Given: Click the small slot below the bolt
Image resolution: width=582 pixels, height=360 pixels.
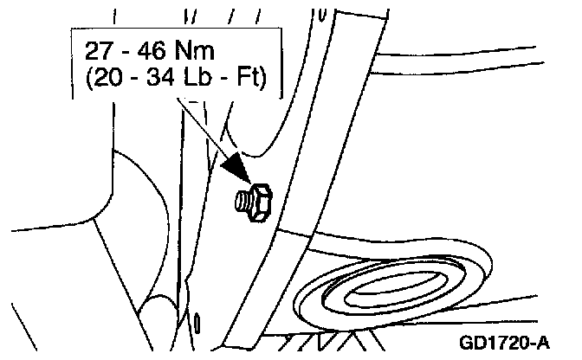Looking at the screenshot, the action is [198, 322].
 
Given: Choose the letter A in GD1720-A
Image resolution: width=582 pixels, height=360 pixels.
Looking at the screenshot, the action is [543, 343].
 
